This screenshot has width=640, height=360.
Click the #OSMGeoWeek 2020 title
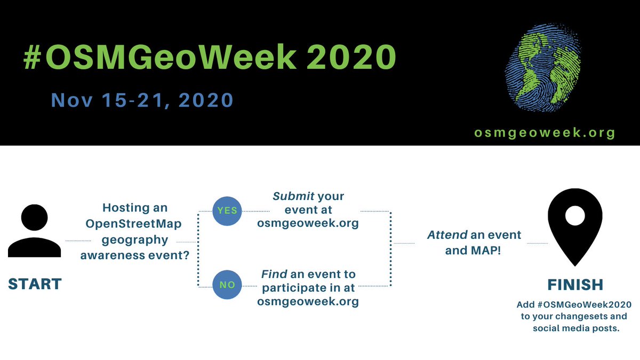point(210,58)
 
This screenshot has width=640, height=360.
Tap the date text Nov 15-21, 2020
point(142,100)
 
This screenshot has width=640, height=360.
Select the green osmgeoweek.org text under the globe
point(544,133)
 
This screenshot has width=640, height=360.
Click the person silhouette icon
point(35,231)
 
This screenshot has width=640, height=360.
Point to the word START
point(35,284)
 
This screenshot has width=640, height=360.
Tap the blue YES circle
point(227,211)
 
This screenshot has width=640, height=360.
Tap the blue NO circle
point(227,285)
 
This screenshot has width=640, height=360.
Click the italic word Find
point(274,274)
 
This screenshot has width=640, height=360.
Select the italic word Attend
point(446,235)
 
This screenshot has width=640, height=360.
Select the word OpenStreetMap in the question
point(134,223)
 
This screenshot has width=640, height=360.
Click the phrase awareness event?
point(134,255)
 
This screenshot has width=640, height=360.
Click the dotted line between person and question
point(78,242)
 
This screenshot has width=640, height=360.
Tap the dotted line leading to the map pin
point(537,243)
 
